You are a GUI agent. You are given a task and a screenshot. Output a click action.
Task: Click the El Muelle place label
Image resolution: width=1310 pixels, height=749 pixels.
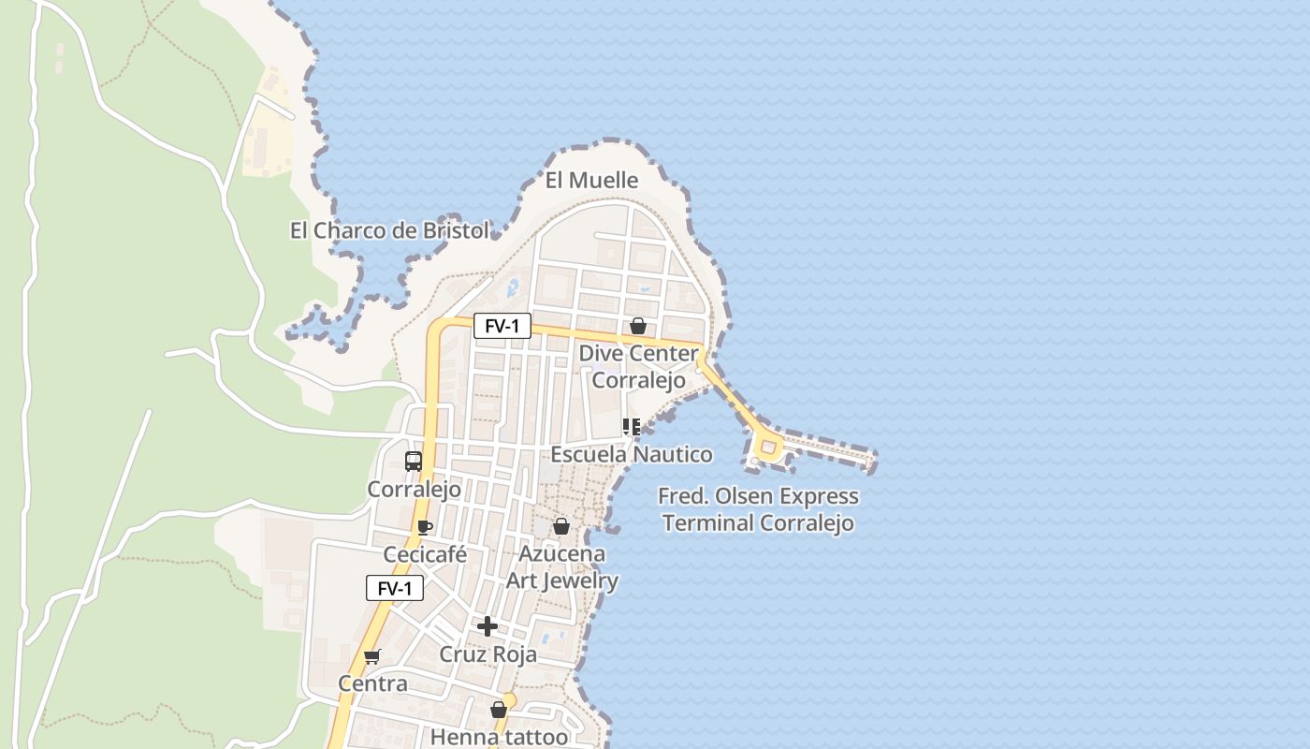[x=591, y=180]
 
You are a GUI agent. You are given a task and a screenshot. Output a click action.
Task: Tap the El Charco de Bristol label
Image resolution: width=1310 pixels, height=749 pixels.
[x=389, y=230]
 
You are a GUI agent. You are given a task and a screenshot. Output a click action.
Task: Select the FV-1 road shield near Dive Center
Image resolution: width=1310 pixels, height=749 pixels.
[x=502, y=326]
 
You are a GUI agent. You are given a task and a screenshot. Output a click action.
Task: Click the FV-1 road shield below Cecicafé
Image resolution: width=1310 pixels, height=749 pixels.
[x=394, y=588]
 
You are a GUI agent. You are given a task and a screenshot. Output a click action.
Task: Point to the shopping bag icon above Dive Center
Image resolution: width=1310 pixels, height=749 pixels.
[x=637, y=326]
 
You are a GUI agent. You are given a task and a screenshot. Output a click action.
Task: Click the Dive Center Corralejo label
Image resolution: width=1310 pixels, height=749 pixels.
[x=638, y=367]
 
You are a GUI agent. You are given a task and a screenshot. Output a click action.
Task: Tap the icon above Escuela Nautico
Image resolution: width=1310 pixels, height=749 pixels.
[x=632, y=427]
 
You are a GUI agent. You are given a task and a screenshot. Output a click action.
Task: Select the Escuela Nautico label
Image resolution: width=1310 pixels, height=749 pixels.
[x=632, y=454]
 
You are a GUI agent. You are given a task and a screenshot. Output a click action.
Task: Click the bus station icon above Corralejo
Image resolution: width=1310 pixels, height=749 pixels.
[x=413, y=461]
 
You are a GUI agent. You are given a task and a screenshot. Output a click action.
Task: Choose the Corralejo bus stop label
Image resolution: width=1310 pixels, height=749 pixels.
[x=414, y=489]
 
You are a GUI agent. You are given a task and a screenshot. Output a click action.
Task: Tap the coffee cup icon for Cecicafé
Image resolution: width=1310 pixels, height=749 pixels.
[x=424, y=527]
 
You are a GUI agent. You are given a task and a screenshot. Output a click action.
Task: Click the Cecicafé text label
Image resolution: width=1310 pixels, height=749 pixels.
[x=425, y=554]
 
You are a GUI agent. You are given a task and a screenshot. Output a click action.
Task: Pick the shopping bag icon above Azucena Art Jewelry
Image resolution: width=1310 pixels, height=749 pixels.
[x=560, y=526]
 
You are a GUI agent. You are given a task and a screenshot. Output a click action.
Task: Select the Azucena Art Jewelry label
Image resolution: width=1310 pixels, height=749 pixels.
[x=562, y=567]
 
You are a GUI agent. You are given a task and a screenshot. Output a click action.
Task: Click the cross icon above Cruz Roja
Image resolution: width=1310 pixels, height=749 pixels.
[x=487, y=626]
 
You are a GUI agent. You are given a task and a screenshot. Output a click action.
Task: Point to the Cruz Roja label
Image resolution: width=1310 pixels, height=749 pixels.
[x=488, y=654]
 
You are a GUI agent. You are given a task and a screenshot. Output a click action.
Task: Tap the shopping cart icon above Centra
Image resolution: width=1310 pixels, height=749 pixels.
[x=372, y=656]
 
